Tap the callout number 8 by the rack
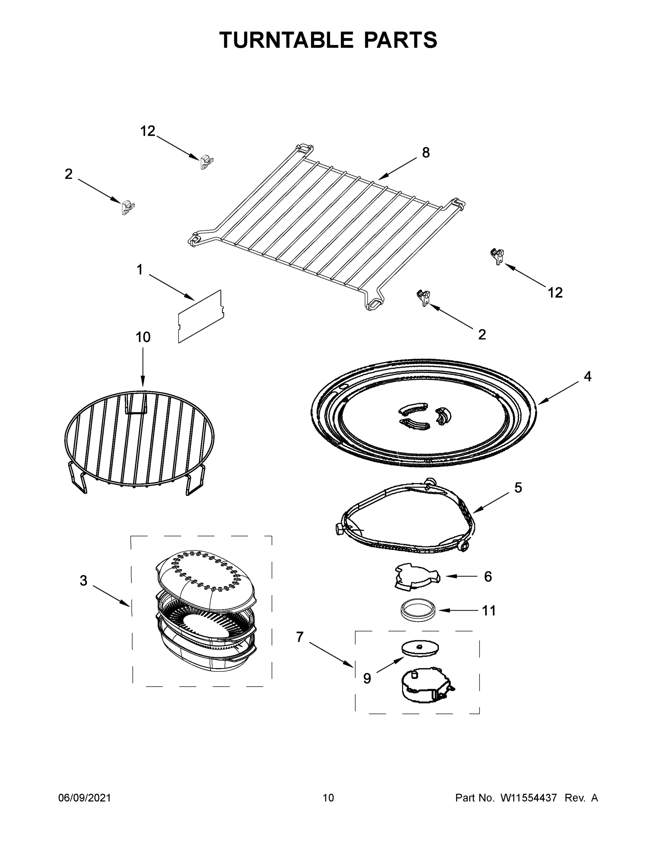(426, 153)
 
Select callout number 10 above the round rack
(143, 337)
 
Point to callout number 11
(489, 611)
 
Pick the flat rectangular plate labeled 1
(200, 317)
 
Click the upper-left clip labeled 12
(207, 162)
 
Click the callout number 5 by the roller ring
(518, 488)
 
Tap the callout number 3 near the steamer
(83, 581)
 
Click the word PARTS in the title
(400, 40)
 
